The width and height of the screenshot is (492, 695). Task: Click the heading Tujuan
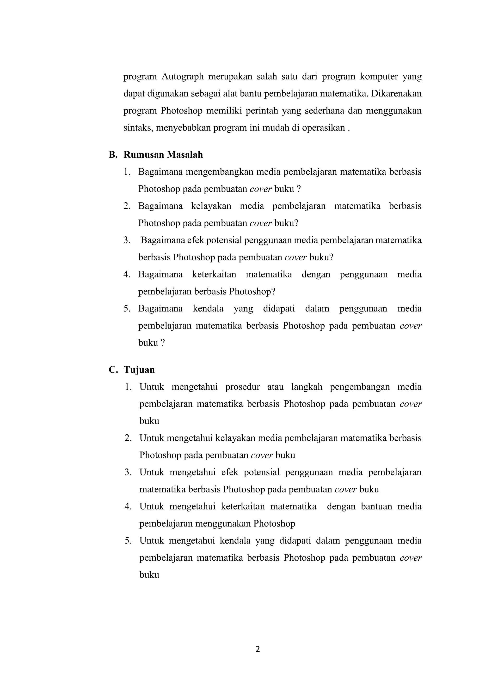click(x=139, y=370)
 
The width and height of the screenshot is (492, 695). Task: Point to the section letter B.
click(x=112, y=155)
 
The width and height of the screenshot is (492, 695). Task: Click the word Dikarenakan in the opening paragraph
click(x=396, y=94)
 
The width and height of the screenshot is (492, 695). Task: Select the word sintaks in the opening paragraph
click(x=135, y=128)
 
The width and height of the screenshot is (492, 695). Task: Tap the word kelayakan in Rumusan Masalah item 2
click(x=211, y=206)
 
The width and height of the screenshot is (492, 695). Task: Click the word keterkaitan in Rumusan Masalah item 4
click(x=214, y=275)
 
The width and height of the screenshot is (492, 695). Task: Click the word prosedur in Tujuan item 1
click(x=242, y=387)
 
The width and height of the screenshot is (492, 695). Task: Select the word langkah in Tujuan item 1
click(x=307, y=387)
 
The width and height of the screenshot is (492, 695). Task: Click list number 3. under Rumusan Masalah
click(x=127, y=240)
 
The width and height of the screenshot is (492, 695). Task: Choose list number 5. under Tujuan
click(x=128, y=541)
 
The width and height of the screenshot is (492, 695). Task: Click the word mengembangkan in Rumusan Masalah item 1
click(x=218, y=172)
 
